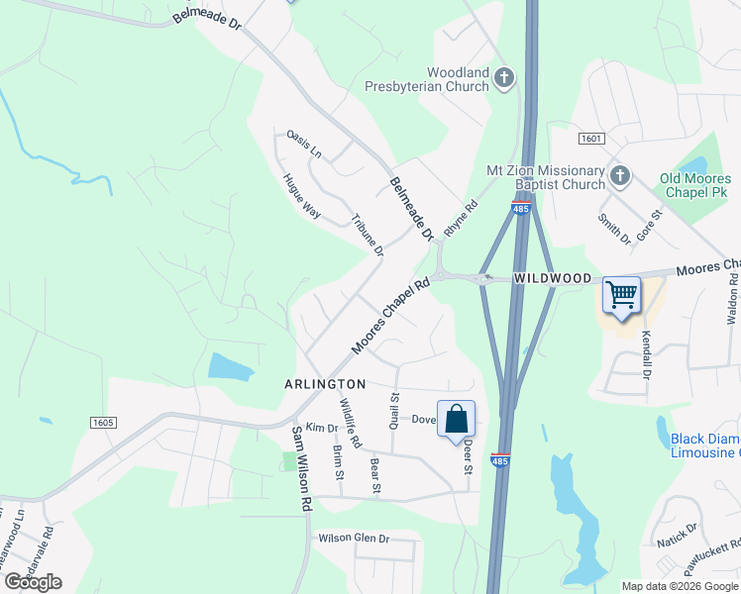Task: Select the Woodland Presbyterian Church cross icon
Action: tap(505, 78)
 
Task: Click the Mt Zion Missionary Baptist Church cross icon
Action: tap(620, 176)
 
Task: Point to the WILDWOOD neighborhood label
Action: tap(552, 279)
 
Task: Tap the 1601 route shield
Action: tap(591, 140)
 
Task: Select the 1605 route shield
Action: tap(103, 423)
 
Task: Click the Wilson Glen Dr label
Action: tap(354, 539)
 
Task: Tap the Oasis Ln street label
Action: tap(304, 144)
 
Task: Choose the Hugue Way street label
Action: tap(301, 195)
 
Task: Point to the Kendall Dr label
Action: tap(646, 355)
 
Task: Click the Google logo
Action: tap(33, 582)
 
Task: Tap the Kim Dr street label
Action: tap(322, 428)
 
